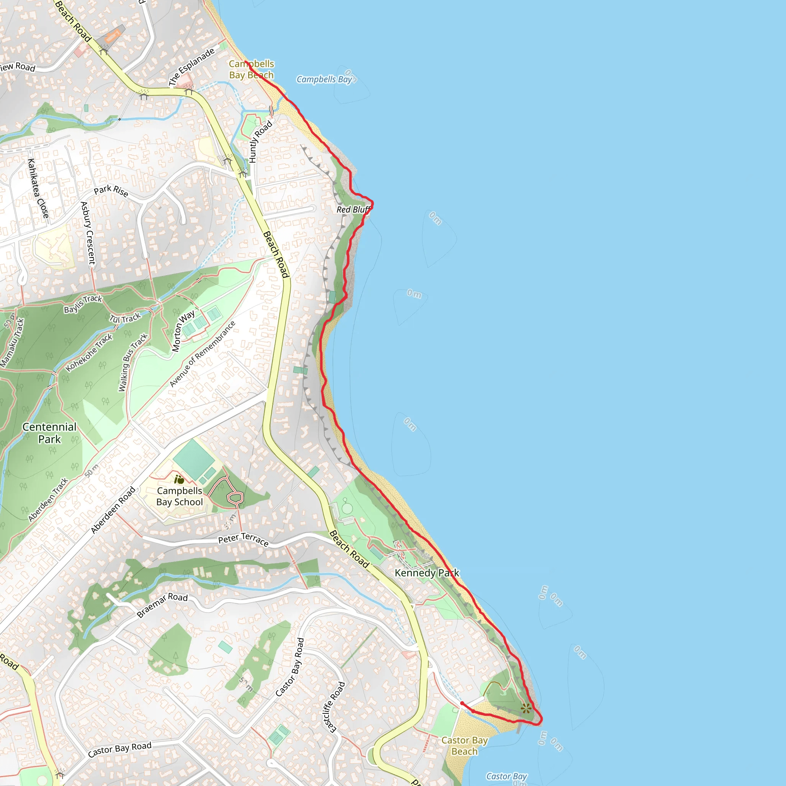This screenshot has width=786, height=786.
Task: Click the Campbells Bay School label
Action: click(179, 496)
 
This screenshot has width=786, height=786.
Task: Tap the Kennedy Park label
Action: click(426, 573)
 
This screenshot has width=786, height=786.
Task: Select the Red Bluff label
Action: click(353, 210)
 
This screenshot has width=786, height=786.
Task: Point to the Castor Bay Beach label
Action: click(464, 746)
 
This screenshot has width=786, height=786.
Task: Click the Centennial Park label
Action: click(49, 433)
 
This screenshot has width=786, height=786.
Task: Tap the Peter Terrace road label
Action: click(243, 539)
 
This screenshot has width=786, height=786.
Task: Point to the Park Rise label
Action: click(111, 191)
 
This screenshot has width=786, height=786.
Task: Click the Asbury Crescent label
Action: click(88, 233)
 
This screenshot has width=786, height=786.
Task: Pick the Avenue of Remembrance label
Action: click(202, 354)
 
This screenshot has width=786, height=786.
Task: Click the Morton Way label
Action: click(183, 331)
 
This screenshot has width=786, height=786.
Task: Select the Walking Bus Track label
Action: click(133, 362)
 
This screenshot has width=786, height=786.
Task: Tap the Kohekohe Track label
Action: click(89, 352)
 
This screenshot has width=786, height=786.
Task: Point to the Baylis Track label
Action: click(83, 304)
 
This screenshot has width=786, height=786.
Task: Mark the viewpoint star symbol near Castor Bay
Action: click(526, 708)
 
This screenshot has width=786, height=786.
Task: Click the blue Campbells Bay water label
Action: click(324, 79)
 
